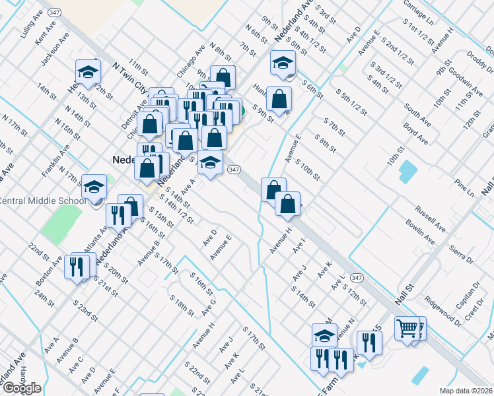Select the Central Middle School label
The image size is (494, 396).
42,201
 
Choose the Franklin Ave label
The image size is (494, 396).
55,161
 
